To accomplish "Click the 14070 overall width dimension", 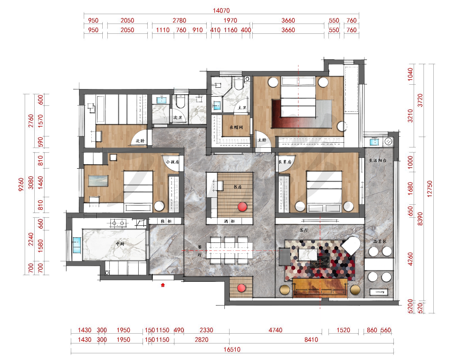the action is point(221,10).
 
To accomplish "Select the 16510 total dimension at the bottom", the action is point(232,350).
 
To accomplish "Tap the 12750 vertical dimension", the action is point(429,189).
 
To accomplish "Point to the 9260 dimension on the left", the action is point(21,184).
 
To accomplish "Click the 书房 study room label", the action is point(238,187).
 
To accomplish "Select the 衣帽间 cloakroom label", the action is point(236,127).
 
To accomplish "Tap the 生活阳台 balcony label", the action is point(377,160).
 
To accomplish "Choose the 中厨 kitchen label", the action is point(120,244).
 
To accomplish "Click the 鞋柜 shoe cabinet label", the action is point(166,221).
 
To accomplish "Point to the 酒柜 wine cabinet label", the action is point(229,221).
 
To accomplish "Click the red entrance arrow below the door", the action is point(163,285).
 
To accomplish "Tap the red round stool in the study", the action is point(242,207).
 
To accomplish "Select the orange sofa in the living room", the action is point(320,288).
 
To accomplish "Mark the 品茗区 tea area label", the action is point(380,242).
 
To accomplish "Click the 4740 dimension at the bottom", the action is point(275,330).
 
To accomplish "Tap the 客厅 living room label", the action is point(304,230).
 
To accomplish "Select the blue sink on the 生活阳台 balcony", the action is point(374,142).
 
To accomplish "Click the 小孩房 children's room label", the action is point(172,162).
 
